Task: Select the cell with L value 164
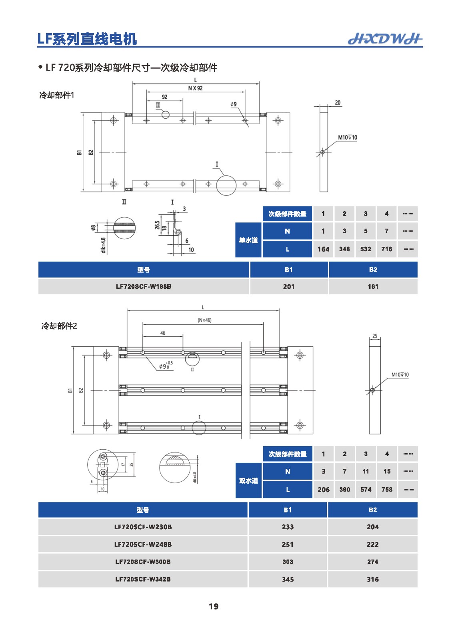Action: [323, 249]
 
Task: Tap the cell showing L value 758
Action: [386, 490]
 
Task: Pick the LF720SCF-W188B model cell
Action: [144, 286]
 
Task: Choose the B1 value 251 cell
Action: [288, 544]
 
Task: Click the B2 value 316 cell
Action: [372, 579]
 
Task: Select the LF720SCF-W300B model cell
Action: [143, 562]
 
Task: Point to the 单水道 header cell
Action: [248, 240]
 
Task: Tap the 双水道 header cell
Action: [248, 481]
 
